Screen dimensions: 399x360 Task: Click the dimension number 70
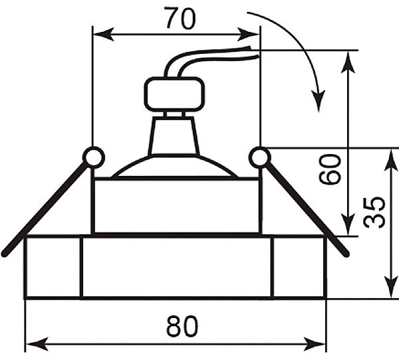(180, 19)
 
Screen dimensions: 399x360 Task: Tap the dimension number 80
(182, 326)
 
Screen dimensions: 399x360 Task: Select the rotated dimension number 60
(330, 169)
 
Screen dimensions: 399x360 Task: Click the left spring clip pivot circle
(94, 157)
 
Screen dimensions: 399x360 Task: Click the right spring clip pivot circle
(259, 157)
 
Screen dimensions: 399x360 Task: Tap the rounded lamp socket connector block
(174, 94)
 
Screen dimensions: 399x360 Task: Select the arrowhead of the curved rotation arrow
(319, 101)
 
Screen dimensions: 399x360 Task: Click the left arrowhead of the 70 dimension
(103, 35)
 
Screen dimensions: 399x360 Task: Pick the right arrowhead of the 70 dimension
(249, 35)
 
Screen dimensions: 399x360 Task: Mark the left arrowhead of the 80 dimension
(37, 344)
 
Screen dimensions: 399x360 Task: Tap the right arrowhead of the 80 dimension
(315, 344)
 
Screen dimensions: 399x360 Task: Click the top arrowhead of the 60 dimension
(348, 62)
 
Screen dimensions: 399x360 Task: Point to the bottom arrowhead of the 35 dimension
(390, 288)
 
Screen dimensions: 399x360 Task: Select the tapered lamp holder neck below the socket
(174, 135)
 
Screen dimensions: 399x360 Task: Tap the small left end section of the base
(53, 267)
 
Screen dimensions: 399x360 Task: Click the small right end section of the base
(299, 267)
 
